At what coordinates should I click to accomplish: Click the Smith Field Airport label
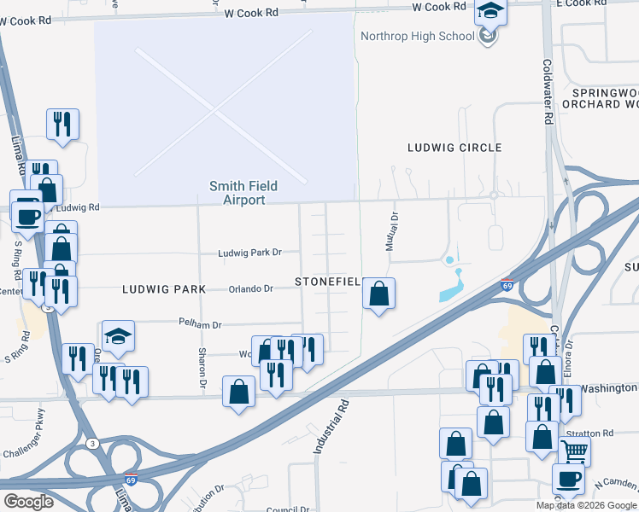[244, 193]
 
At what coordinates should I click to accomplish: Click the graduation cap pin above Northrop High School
[491, 13]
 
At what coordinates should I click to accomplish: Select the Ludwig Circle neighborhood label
[454, 148]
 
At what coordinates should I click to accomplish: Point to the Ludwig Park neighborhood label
[163, 289]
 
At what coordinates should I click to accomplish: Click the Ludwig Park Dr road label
[249, 253]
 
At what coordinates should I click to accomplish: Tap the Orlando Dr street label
[250, 288]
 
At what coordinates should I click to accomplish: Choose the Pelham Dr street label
[200, 324]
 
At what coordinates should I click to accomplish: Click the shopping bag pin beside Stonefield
[378, 294]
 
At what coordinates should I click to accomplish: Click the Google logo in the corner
[28, 501]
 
